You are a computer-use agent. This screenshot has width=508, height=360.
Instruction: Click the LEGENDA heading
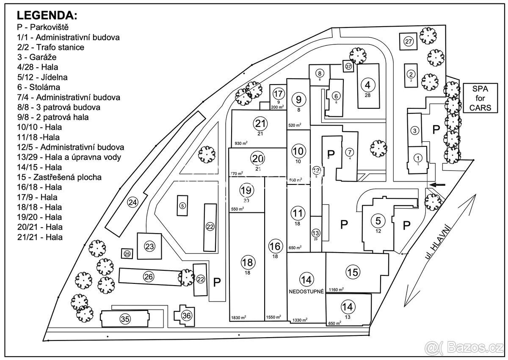pos(47,16)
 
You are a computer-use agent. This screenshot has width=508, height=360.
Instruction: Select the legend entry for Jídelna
pos(42,77)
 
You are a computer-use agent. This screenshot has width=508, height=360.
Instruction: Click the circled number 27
pos(409,41)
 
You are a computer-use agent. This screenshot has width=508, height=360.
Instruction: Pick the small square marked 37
pos(348,66)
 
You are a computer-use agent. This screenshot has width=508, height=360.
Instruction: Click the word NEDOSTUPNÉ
pos(306,291)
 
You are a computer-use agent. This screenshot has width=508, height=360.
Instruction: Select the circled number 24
pos(133,203)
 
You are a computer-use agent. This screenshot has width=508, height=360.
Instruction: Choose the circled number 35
pos(124,319)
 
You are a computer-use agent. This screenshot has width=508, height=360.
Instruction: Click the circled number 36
pos(187,315)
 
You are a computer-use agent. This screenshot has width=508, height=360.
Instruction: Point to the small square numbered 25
pos(127,254)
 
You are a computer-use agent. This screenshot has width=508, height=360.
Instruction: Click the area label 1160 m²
pos(337,289)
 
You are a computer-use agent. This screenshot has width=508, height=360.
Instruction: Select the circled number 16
pos(275,246)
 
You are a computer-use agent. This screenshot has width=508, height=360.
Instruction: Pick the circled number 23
pos(149,246)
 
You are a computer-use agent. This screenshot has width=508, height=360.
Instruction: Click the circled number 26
pos(148,277)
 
